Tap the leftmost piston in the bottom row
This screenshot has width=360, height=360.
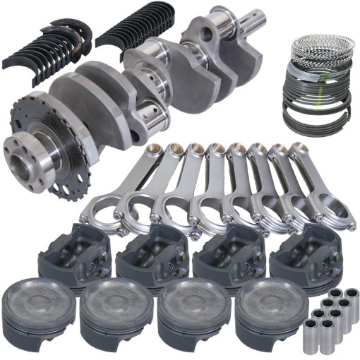click(x=39, y=306)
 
